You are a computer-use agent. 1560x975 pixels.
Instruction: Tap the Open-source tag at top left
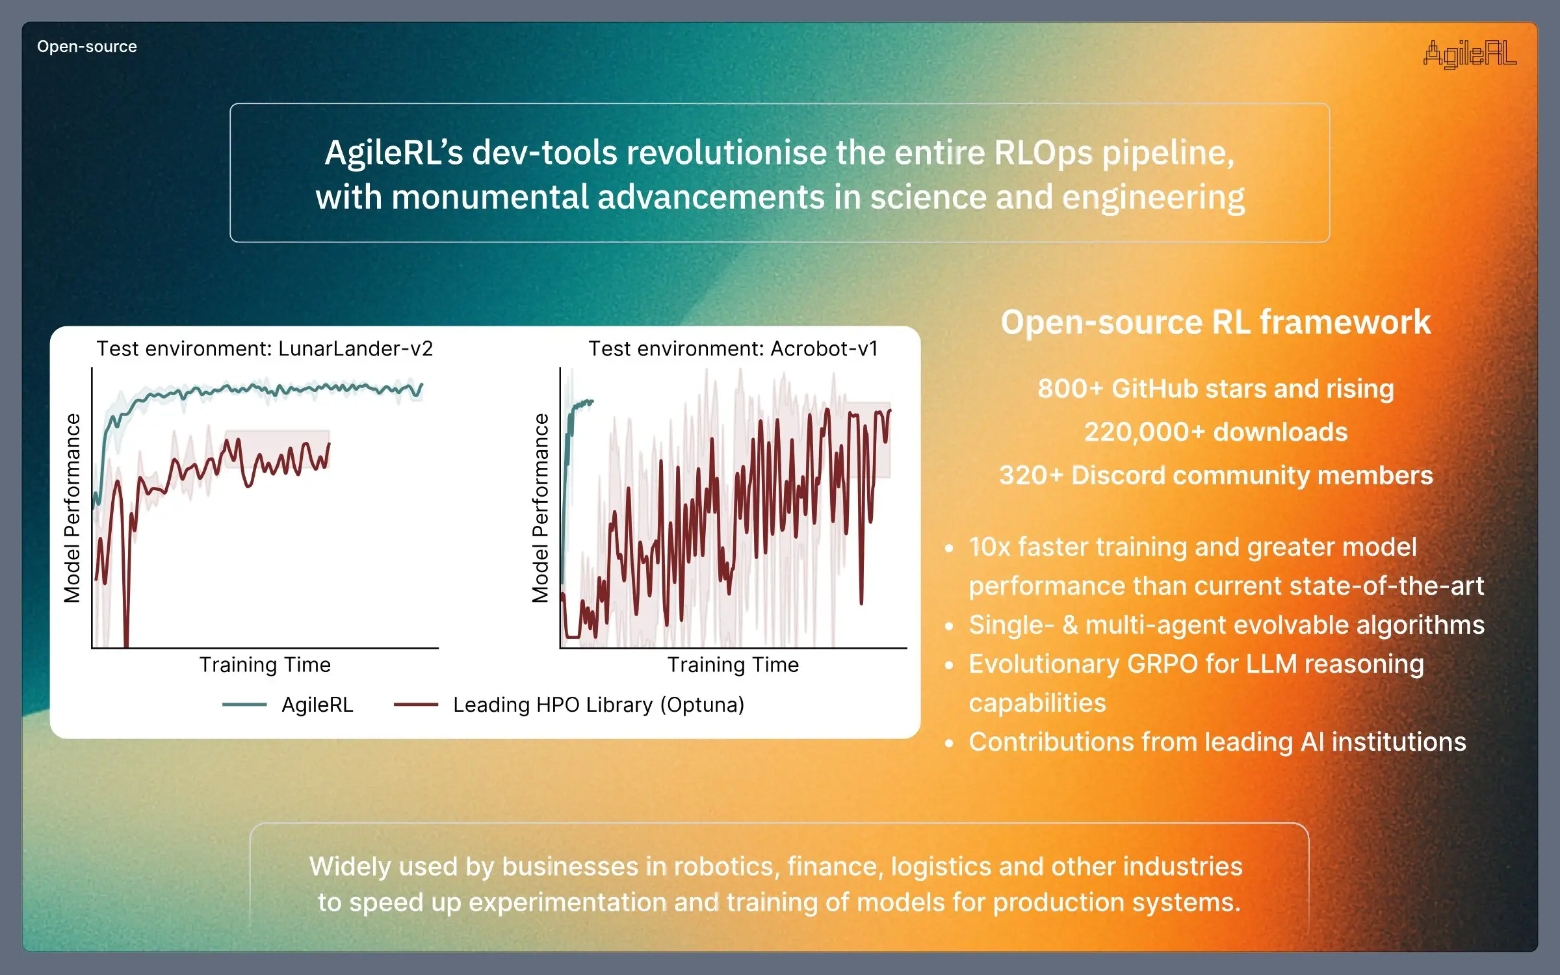click(87, 47)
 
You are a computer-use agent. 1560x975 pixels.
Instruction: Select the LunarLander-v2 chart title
click(265, 349)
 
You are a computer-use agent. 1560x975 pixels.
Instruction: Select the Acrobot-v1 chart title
click(733, 349)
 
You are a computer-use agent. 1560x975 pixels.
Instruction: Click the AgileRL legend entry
click(317, 705)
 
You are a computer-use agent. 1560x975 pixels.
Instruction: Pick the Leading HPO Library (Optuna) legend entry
click(598, 705)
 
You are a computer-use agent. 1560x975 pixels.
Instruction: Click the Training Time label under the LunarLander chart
click(265, 665)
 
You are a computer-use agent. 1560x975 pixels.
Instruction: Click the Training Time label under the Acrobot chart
click(733, 665)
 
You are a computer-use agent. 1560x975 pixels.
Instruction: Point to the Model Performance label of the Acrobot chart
click(540, 508)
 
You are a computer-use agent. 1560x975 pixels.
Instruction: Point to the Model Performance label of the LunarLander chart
click(72, 508)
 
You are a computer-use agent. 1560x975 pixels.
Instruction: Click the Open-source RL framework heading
click(1215, 322)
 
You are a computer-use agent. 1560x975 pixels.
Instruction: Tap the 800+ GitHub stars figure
click(1215, 389)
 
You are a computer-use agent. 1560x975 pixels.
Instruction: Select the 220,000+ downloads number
click(1215, 432)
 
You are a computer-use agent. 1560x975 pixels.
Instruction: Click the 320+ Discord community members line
click(1215, 476)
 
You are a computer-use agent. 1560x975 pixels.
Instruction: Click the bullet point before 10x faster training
click(950, 549)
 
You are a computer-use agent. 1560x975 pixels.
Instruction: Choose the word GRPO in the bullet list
click(1162, 664)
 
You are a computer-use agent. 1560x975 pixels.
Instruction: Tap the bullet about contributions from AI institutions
click(1217, 742)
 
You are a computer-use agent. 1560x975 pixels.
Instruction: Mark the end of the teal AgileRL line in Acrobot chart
click(592, 402)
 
